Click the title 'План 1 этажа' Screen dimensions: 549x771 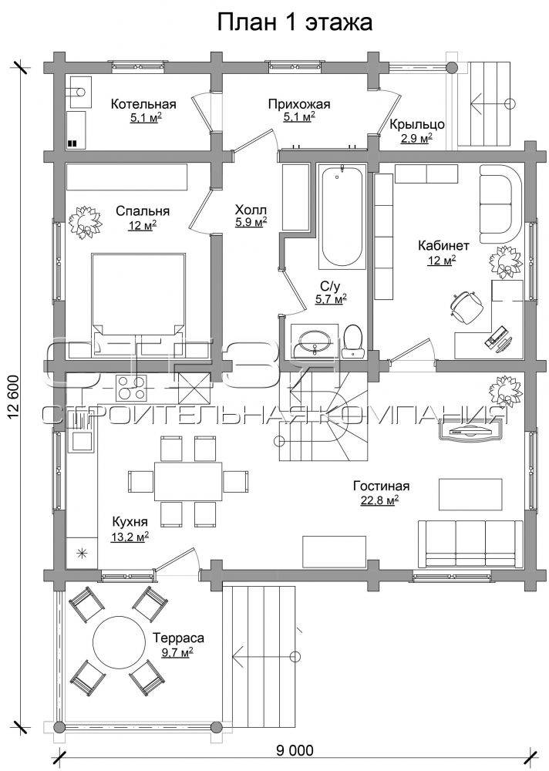pos(295,22)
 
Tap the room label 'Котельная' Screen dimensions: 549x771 pos(143,104)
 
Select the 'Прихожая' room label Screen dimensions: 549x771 pos(299,104)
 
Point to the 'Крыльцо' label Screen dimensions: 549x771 pos(417,125)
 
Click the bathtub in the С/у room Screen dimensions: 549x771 pos(342,217)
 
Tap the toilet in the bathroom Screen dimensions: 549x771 pos(352,341)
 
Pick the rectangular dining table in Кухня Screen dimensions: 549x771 pos(188,481)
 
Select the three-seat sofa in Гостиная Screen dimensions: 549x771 pos(470,544)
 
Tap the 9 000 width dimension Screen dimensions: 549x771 pos(295,750)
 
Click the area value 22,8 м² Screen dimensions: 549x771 pos(376,501)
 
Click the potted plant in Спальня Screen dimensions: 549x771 pos(85,222)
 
